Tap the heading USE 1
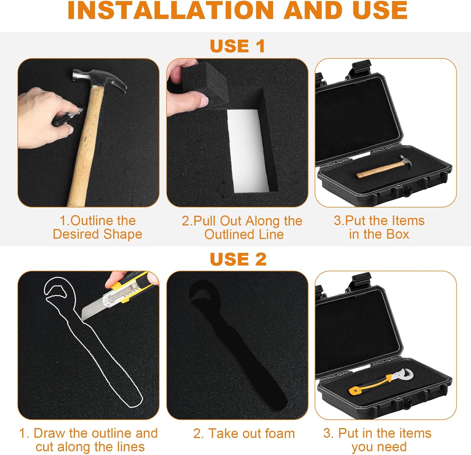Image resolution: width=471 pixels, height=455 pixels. [237, 46]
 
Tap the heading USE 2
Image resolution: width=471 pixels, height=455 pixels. [238, 259]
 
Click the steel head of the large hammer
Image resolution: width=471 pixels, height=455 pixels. [99, 80]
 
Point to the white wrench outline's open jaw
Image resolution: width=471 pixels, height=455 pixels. [56, 289]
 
